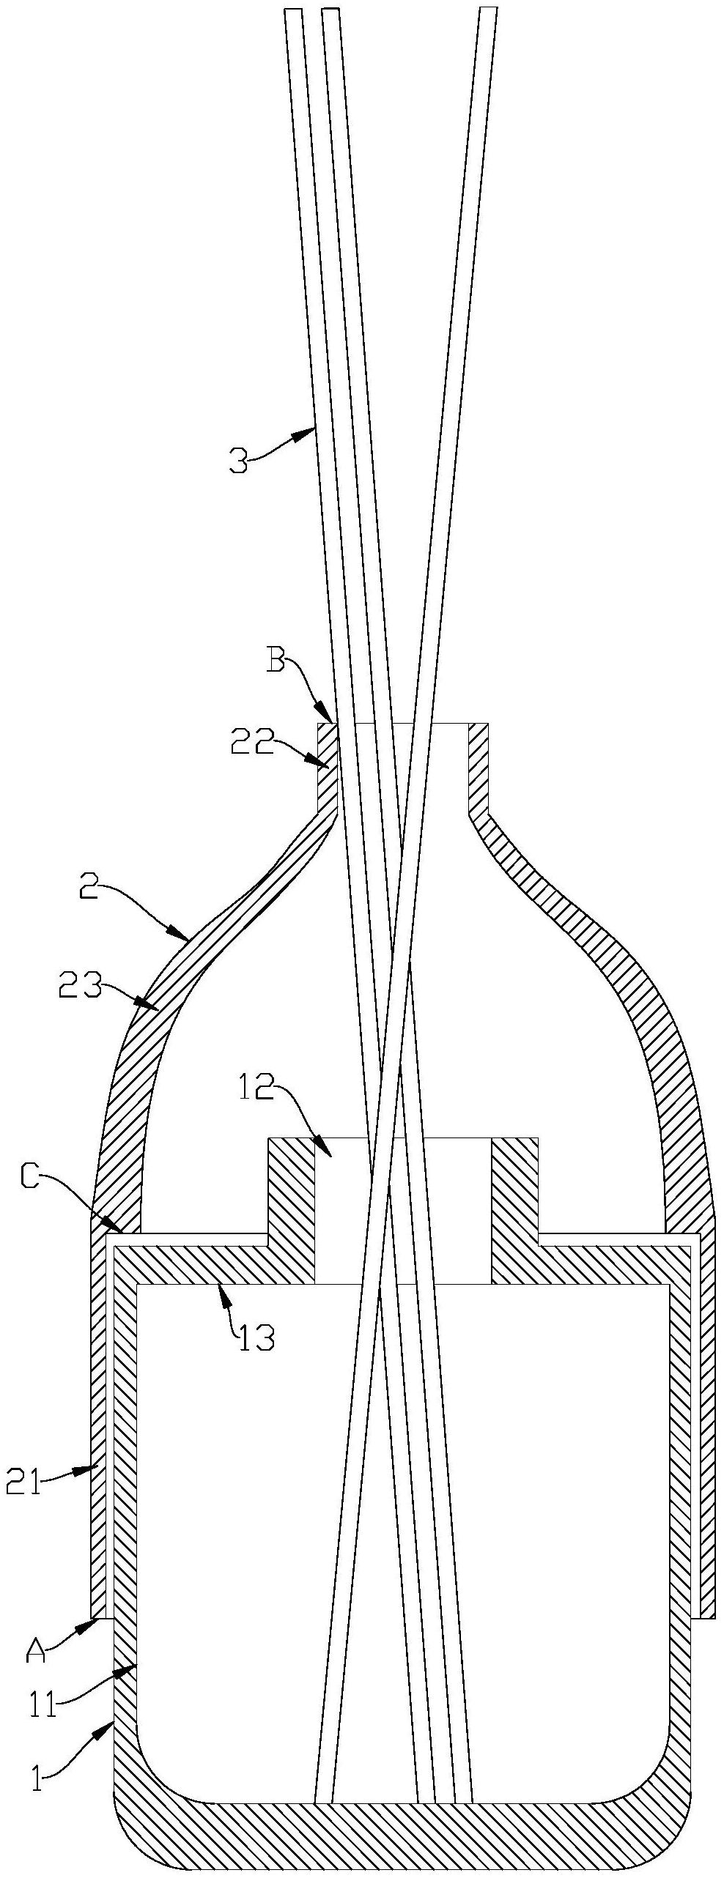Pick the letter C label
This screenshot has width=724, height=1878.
[x=32, y=1177]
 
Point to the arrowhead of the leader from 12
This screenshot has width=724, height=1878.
[x=330, y=1156]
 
